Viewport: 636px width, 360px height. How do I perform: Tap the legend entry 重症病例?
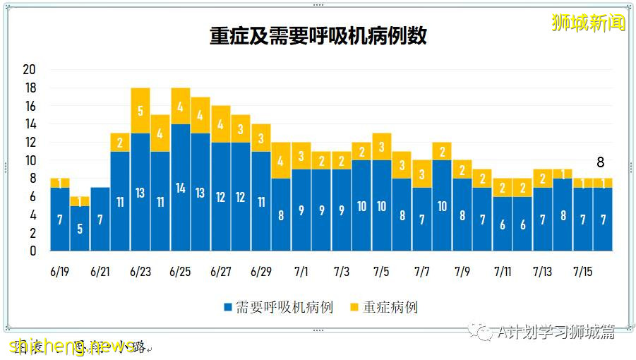point(390,307)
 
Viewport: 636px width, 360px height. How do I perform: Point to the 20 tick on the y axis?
point(29,70)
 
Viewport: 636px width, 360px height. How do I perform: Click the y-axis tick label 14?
point(29,124)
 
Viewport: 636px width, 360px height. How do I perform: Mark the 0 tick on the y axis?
point(32,251)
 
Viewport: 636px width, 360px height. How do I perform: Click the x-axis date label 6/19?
point(60,272)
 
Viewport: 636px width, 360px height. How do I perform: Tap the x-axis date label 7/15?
point(583,272)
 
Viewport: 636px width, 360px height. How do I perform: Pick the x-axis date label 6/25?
point(181,272)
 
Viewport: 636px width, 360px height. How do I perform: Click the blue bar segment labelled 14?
point(181,188)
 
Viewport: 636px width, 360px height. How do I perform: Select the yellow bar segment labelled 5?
point(140,110)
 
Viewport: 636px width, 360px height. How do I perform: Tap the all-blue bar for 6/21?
point(100,219)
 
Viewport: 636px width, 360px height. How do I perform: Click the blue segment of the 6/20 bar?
point(80,228)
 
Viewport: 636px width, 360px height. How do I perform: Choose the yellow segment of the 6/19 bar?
point(60,183)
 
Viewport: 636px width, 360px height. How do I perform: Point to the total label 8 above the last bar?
point(601,162)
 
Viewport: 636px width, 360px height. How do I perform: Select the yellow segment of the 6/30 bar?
point(281,160)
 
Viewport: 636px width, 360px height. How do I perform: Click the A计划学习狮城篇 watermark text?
point(555,331)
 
